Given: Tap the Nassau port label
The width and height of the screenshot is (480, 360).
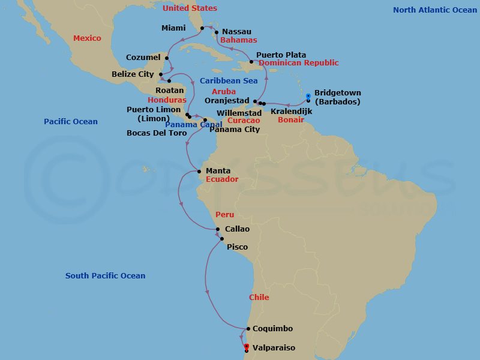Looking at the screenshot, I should coord(236,31).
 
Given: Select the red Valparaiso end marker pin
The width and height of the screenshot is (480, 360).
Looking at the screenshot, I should coord(247,346).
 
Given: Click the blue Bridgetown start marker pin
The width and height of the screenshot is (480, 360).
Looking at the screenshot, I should coord(308,96).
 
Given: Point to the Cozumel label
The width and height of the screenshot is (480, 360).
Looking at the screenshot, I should coord(143,58).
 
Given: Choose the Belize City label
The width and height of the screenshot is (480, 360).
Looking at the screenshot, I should coord(133,74).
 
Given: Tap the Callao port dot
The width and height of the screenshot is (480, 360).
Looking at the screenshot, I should coord(218,229).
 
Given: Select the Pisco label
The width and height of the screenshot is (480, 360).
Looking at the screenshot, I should coord(237,247).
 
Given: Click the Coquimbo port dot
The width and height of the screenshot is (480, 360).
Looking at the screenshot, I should coord(247,329).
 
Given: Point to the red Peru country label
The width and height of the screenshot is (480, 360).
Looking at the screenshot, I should coord(224,214).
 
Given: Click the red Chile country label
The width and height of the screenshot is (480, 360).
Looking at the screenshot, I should coord(259,297).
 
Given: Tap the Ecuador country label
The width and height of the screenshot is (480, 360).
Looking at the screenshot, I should coord(222,179).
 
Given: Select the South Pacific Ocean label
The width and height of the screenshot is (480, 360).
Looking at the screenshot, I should coord(105,276).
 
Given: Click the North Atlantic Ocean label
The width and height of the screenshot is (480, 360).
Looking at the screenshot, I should coord(435,10).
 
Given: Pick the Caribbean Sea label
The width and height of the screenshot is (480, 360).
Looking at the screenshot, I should coord(229,80).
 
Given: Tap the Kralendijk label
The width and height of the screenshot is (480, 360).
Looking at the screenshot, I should coord(292,112).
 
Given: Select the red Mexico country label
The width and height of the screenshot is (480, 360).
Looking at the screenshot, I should coord(87,38).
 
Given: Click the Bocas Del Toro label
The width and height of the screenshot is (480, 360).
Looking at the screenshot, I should coord(157,133).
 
